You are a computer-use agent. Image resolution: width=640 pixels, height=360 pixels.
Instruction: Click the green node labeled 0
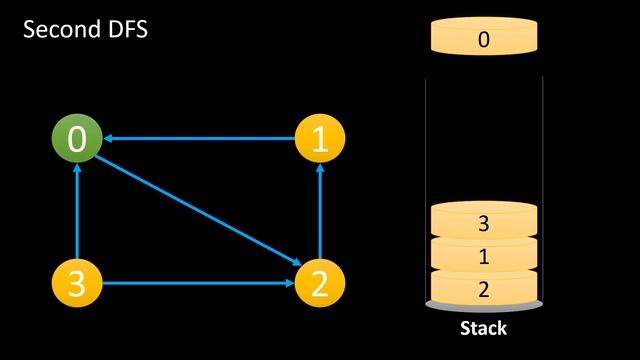[x=77, y=140]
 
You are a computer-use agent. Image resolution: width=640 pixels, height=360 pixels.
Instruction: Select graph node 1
[x=319, y=140]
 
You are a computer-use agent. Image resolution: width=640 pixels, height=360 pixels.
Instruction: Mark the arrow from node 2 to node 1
[x=319, y=212]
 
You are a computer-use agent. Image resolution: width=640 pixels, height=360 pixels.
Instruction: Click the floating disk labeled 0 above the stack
[x=484, y=40]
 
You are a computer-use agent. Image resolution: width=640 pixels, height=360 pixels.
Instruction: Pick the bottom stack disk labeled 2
[x=484, y=288]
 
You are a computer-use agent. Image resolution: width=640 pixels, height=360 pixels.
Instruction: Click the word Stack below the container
[x=484, y=328]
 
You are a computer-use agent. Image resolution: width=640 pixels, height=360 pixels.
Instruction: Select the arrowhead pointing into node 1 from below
[x=319, y=171]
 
